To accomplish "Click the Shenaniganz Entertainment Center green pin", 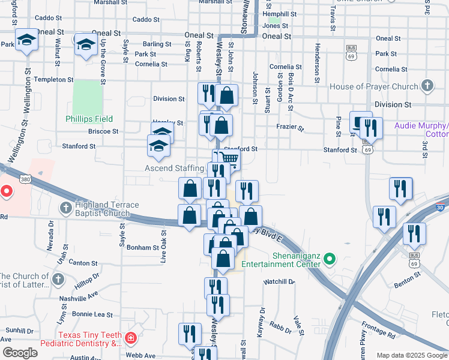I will coord(329,260).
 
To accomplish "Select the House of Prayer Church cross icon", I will coord(427,86).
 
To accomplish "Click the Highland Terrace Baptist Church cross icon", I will coord(66,208).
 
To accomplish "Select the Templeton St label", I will coord(55,79).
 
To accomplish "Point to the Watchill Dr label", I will coord(279,281).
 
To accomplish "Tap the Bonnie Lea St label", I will coord(92,314).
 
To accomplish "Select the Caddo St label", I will coord(146,20).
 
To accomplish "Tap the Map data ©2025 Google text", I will coord(411,355).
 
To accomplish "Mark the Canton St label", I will coord(83,263).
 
